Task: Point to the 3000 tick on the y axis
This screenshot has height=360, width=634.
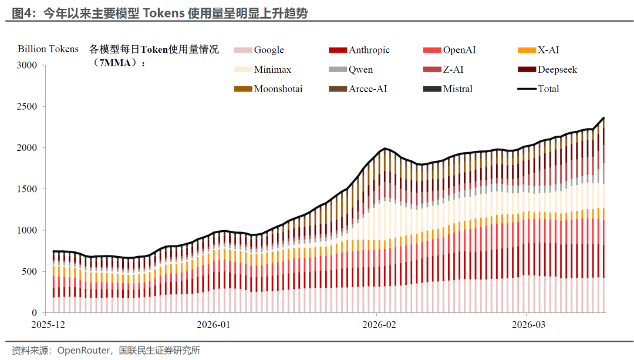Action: pos(27,66)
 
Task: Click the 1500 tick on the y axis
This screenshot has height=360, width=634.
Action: pos(27,189)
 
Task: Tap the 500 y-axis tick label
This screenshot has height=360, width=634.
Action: pos(29,272)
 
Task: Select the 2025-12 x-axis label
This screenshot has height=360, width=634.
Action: pos(49,325)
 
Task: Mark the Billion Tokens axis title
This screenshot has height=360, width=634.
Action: pos(48,49)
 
